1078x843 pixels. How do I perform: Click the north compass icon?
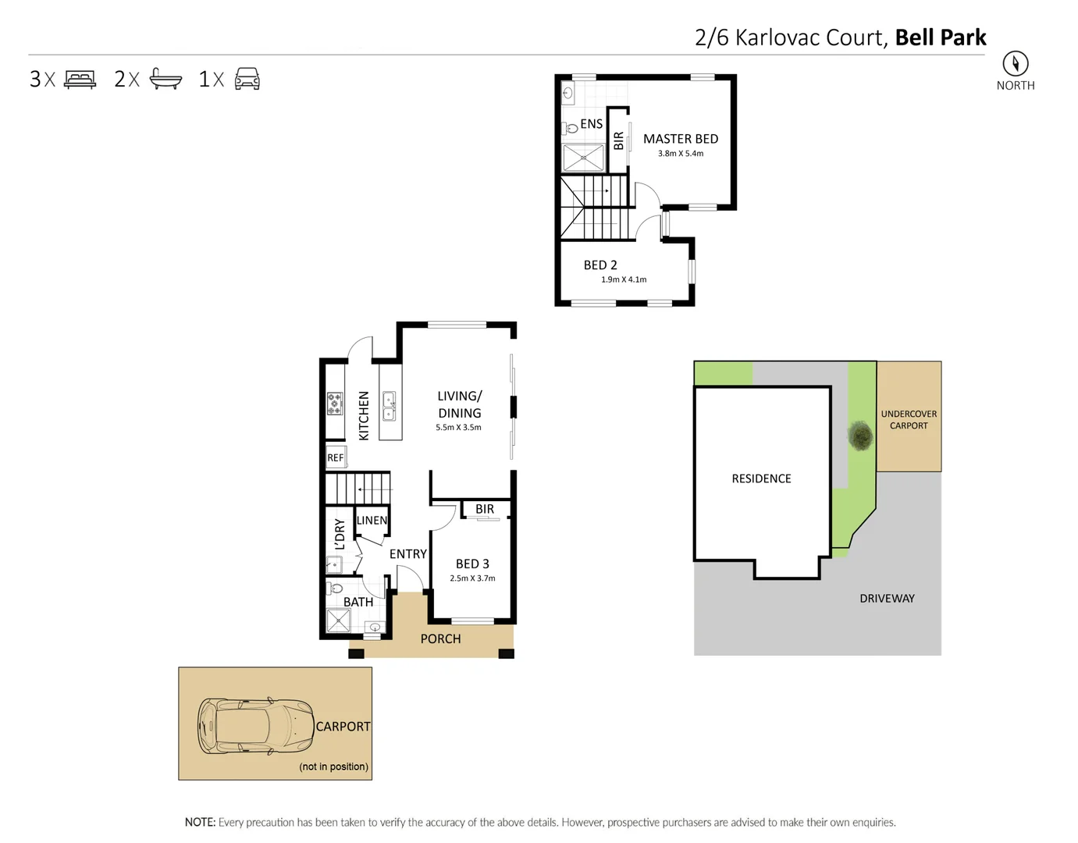1015,63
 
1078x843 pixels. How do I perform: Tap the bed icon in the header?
80,79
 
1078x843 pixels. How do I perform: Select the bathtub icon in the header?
165,79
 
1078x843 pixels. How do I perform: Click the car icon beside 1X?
247,79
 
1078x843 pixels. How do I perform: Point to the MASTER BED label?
680,139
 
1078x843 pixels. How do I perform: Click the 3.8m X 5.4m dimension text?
680,154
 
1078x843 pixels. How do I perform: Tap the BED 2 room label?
600,265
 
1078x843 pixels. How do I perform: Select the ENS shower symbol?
583,158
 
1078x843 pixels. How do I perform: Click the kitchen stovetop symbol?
335,404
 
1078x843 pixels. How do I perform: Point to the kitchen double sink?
389,407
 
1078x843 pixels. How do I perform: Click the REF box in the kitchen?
336,457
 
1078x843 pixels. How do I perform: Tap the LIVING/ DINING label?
460,404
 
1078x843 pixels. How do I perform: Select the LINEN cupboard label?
372,521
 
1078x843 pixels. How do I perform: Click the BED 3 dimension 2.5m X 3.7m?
472,578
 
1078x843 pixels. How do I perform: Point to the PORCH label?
440,638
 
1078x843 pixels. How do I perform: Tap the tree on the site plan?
860,436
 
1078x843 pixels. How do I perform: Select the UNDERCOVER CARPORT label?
909,420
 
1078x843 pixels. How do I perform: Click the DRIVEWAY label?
887,599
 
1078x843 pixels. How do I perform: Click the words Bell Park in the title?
940,37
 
